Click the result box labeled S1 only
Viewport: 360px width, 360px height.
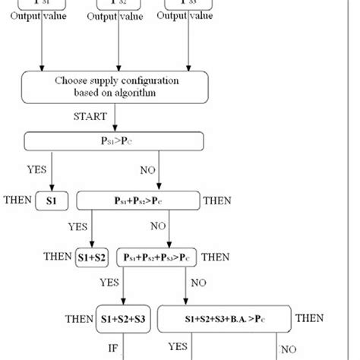(x=52, y=201)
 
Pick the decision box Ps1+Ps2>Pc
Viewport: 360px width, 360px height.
(x=138, y=201)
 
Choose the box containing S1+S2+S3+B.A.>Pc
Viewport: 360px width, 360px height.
(x=225, y=318)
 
